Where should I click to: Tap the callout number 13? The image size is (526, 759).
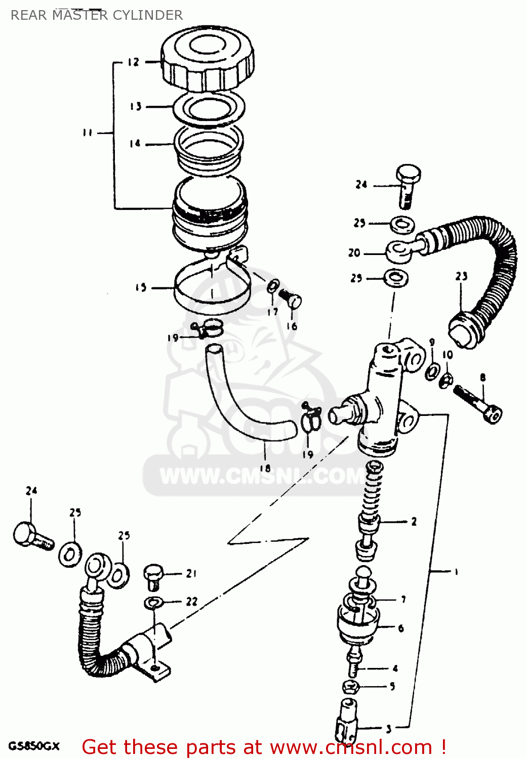pos(135,106)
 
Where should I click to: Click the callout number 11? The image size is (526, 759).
pos(88,133)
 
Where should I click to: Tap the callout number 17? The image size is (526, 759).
pos(273,312)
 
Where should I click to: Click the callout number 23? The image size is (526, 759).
pos(461,276)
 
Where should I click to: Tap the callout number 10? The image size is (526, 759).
pos(448,355)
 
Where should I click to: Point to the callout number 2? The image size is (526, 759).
pos(414,522)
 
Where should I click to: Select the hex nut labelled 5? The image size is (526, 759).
pos(350,687)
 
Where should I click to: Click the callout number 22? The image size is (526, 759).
pos(191,602)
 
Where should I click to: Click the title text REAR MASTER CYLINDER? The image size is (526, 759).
pos(97,15)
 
